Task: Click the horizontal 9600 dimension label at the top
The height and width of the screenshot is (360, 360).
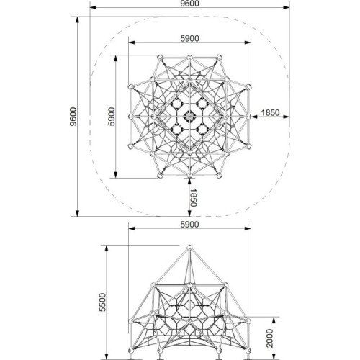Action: click(189, 4)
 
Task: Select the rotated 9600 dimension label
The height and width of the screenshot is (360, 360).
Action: click(73, 117)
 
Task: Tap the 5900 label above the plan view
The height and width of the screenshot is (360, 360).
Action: click(189, 38)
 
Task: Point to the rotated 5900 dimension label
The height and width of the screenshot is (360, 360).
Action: click(112, 117)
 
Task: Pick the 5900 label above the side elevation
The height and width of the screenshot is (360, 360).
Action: click(189, 225)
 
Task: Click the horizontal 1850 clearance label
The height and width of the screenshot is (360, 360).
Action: click(270, 112)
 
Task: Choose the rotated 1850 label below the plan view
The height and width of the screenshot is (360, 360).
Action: click(194, 197)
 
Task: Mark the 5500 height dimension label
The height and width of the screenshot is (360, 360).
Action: click(102, 302)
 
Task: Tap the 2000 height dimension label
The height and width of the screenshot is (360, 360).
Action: click(270, 338)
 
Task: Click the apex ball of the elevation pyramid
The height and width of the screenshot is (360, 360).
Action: click(189, 247)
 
